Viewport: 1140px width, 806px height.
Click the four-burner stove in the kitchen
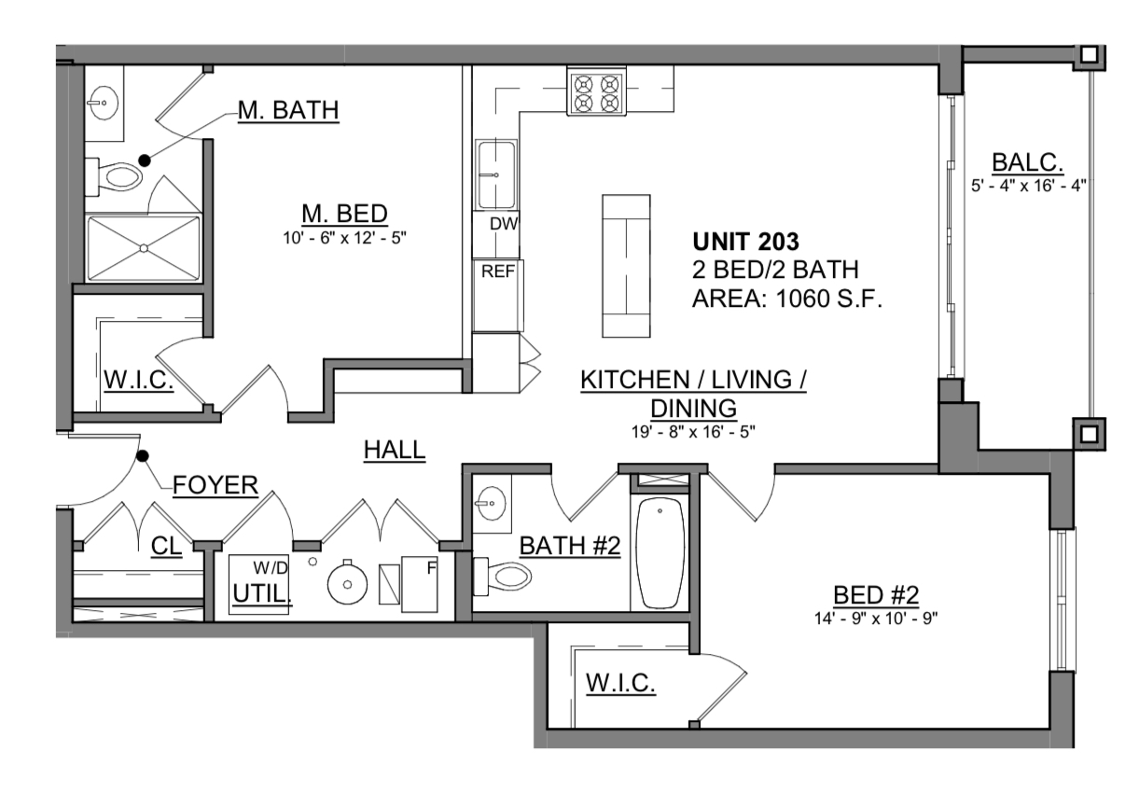click(596, 90)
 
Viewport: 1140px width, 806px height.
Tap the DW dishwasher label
click(504, 223)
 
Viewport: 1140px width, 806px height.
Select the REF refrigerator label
click(498, 271)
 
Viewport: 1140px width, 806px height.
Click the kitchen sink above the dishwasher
click(496, 174)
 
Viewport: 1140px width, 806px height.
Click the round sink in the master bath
click(104, 103)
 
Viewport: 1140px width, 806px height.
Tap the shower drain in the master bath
click(144, 248)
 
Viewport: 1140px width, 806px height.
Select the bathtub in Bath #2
click(660, 552)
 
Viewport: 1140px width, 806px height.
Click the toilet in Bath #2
click(502, 577)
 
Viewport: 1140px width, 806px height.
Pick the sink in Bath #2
click(491, 503)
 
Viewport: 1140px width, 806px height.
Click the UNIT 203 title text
click(745, 242)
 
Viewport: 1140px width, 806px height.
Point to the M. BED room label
click(344, 214)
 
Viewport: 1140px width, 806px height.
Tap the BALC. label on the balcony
click(1028, 163)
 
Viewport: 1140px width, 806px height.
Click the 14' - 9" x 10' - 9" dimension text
click(876, 618)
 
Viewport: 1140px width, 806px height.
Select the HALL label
click(395, 450)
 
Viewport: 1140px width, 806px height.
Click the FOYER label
click(215, 485)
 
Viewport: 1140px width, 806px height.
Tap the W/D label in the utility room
click(271, 567)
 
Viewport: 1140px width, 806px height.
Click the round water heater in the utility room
click(348, 583)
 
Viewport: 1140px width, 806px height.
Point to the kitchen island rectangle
click(626, 266)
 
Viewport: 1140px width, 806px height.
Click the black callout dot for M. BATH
click(145, 160)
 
